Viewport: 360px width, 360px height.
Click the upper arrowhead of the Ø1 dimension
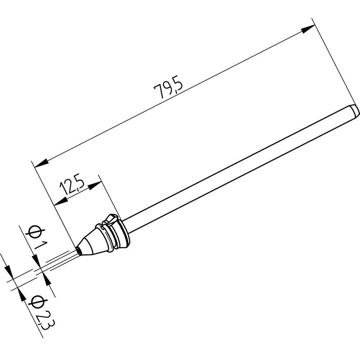pos(36,260)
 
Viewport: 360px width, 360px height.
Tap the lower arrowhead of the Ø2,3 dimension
pos(22,295)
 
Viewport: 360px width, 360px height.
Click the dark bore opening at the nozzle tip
pos(78,249)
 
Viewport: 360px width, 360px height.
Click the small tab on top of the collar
pos(111,217)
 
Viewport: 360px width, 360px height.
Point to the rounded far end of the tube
pos(355,110)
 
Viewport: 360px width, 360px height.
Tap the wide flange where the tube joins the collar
pos(124,234)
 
